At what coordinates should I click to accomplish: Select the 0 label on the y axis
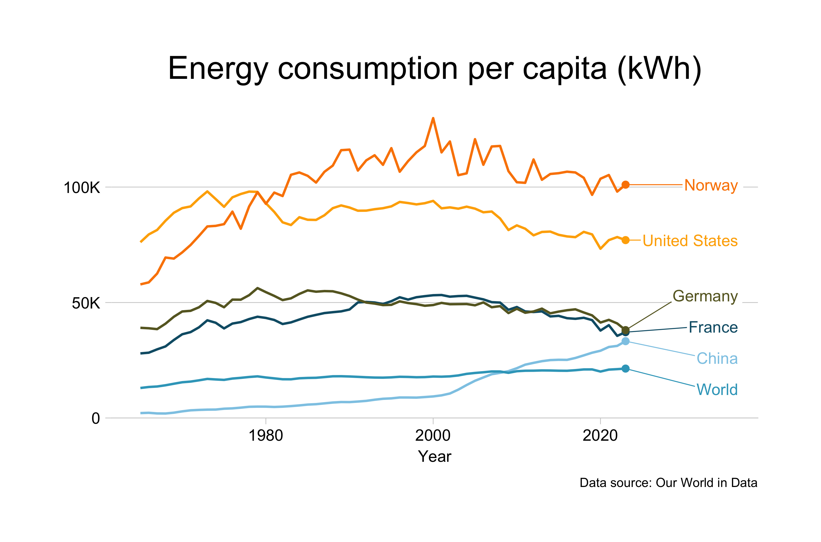click(x=96, y=418)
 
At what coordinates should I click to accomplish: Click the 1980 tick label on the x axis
click(x=266, y=435)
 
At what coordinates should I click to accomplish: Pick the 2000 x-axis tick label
click(x=433, y=435)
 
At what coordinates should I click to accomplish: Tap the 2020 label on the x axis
click(x=600, y=435)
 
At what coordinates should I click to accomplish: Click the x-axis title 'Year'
click(x=434, y=456)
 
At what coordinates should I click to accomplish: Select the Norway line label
click(x=711, y=185)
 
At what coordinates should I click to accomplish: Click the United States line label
click(x=690, y=241)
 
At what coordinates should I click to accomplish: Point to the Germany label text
click(x=705, y=296)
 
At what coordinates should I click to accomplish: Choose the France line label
click(x=713, y=327)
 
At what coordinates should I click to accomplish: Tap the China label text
click(x=717, y=358)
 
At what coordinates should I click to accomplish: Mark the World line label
click(x=717, y=390)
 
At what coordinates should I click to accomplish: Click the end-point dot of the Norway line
click(x=625, y=185)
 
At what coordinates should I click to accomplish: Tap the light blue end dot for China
click(x=625, y=341)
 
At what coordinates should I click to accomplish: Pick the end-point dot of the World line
click(x=625, y=369)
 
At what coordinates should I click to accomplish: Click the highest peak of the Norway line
click(x=433, y=119)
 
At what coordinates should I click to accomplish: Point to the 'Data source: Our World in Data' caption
click(x=668, y=483)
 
